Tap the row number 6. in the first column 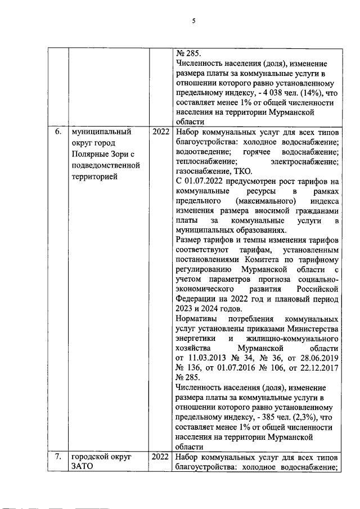(x=57, y=133)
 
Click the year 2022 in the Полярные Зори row (x=161, y=133)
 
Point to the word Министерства (x=306, y=328)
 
